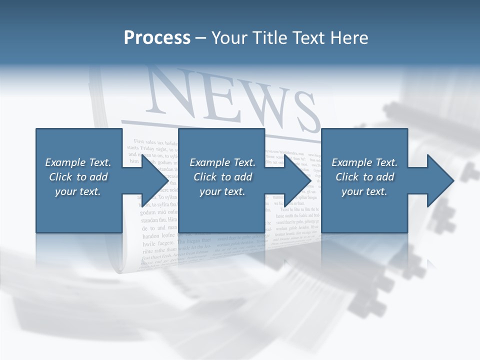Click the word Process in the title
click(x=157, y=38)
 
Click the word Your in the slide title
click(x=229, y=38)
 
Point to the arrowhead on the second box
click(x=297, y=180)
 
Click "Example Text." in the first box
click(x=78, y=162)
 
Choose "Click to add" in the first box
click(x=78, y=177)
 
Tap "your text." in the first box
click(x=78, y=191)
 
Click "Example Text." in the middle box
click(x=222, y=162)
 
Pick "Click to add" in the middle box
click(x=222, y=177)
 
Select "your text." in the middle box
click(x=222, y=191)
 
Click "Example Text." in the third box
click(x=364, y=162)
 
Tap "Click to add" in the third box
click(x=364, y=177)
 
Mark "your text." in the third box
click(x=364, y=191)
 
